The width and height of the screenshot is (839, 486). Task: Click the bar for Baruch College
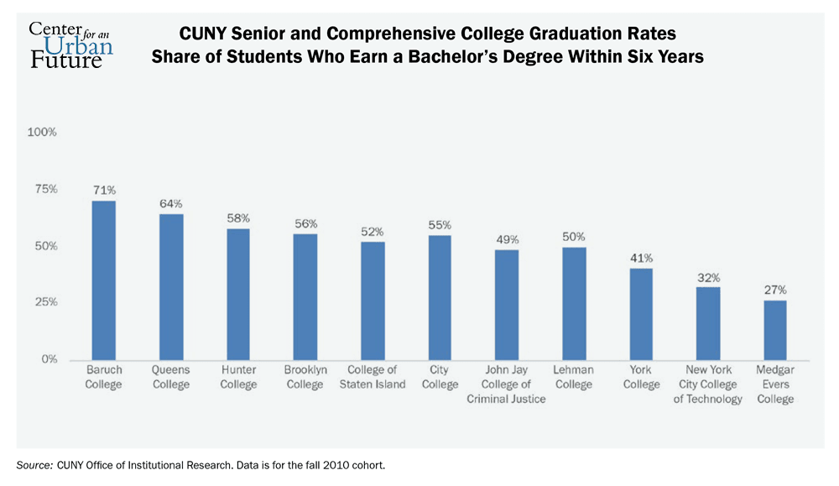point(104,280)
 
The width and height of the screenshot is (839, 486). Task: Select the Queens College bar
point(171,286)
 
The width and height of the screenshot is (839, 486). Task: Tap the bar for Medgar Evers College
point(775,329)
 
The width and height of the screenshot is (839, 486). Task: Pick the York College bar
point(641,313)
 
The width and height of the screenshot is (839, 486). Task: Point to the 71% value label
point(104,191)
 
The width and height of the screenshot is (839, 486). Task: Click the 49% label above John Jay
point(507,239)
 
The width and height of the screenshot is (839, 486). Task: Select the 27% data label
point(775,290)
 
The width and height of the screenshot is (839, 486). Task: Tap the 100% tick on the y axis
point(42,133)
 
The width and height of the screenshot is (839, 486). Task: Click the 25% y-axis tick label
point(44,302)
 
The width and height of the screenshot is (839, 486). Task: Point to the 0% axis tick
point(49,359)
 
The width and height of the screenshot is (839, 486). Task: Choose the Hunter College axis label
point(238,377)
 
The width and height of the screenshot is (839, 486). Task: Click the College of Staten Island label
point(373,377)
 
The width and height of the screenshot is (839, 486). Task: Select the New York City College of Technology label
point(709,384)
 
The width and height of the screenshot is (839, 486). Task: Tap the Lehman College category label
point(574,377)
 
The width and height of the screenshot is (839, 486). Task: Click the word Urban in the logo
point(82,44)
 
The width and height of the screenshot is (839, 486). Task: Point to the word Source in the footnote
point(32,464)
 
